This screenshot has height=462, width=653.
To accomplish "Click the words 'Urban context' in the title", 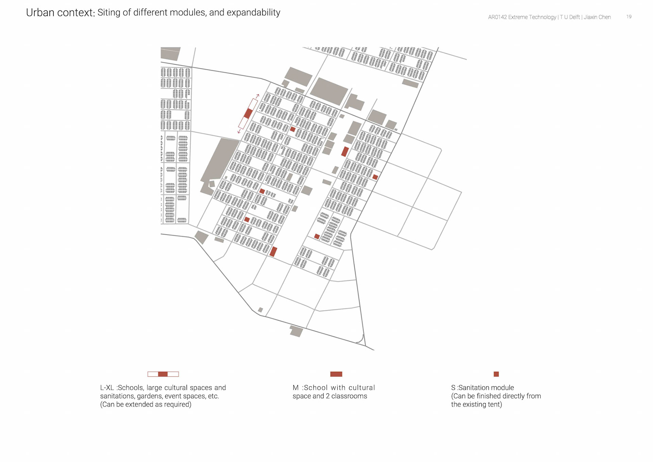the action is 60,13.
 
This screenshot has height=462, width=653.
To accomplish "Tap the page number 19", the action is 629,17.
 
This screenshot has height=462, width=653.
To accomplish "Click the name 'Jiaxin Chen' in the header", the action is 597,17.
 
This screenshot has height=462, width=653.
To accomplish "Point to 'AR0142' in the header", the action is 497,17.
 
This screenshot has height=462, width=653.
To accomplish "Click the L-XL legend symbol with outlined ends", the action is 163,374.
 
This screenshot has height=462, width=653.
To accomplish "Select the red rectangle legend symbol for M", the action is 336,374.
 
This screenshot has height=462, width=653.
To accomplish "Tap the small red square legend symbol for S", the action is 496,374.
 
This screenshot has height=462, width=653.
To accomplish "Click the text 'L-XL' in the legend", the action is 107,387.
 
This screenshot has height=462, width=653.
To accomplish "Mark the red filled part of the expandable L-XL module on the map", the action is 248,113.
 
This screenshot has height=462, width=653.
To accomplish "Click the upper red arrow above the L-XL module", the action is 257,96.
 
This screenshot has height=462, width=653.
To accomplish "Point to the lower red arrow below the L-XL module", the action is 239,131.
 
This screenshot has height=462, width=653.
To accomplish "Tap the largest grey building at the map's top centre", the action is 329,91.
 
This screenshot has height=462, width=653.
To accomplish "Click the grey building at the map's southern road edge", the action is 296,331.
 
